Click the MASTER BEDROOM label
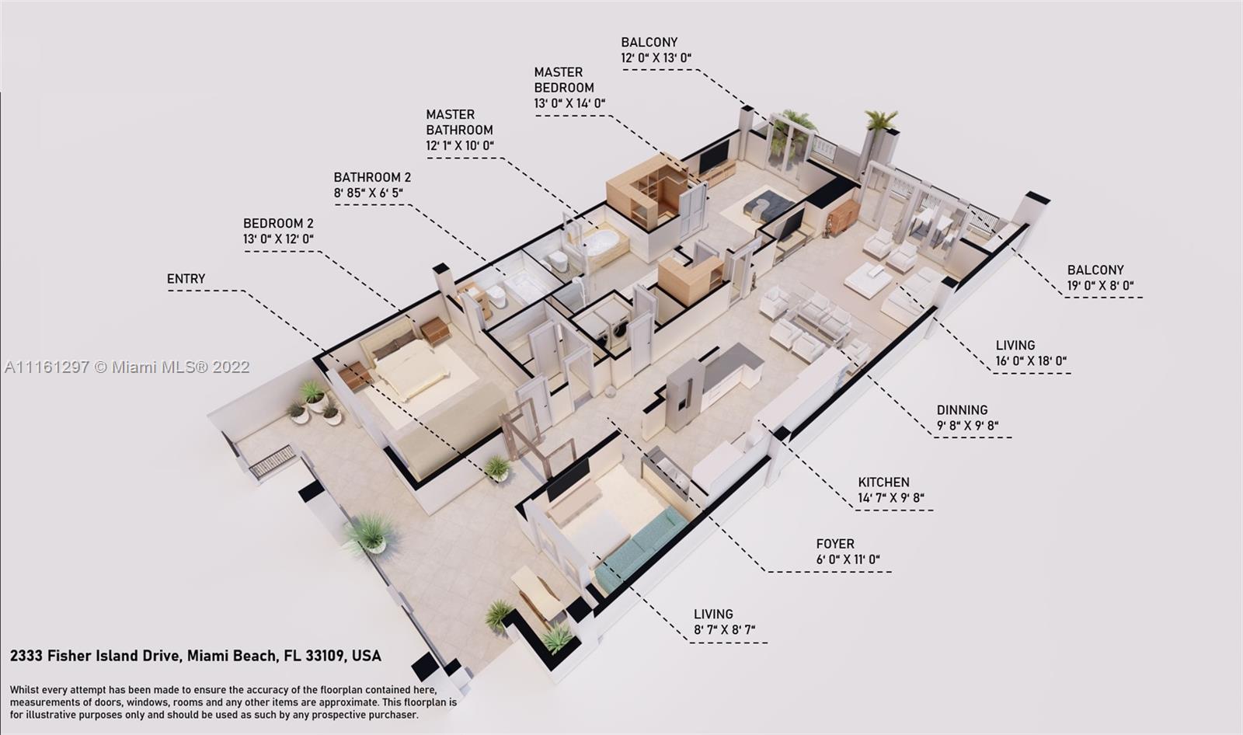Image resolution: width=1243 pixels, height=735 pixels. [564, 80]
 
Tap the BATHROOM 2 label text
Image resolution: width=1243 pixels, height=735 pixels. [372, 177]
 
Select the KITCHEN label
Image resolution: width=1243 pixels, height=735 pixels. [883, 482]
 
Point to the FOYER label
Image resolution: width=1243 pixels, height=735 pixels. [835, 543]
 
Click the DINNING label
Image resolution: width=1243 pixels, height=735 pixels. [963, 409]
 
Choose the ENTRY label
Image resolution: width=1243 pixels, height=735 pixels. [186, 279]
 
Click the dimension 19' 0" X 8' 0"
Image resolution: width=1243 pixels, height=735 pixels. [1100, 286]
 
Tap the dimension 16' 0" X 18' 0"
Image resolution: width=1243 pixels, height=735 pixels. [1031, 361]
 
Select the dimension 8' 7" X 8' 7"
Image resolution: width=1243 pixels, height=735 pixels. [724, 630]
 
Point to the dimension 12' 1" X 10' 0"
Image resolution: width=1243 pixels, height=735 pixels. [460, 145]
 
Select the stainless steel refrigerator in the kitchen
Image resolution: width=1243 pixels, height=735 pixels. [685, 393]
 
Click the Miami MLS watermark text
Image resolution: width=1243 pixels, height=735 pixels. [127, 367]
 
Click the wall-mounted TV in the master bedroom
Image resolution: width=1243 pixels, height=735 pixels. [715, 155]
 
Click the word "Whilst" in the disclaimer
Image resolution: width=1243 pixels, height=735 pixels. [24, 690]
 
